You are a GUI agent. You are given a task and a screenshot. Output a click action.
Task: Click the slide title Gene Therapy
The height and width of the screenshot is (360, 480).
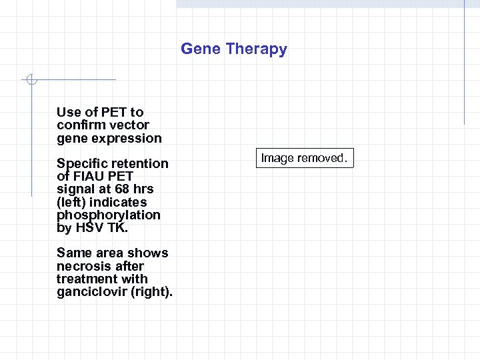point(234,49)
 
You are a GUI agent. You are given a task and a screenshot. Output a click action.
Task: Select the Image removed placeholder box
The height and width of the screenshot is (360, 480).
point(304,159)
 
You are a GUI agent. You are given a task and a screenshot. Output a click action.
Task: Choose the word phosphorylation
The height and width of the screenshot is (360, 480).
point(108,215)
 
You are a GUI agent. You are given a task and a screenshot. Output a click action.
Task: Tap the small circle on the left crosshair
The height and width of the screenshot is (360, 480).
point(30,80)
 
